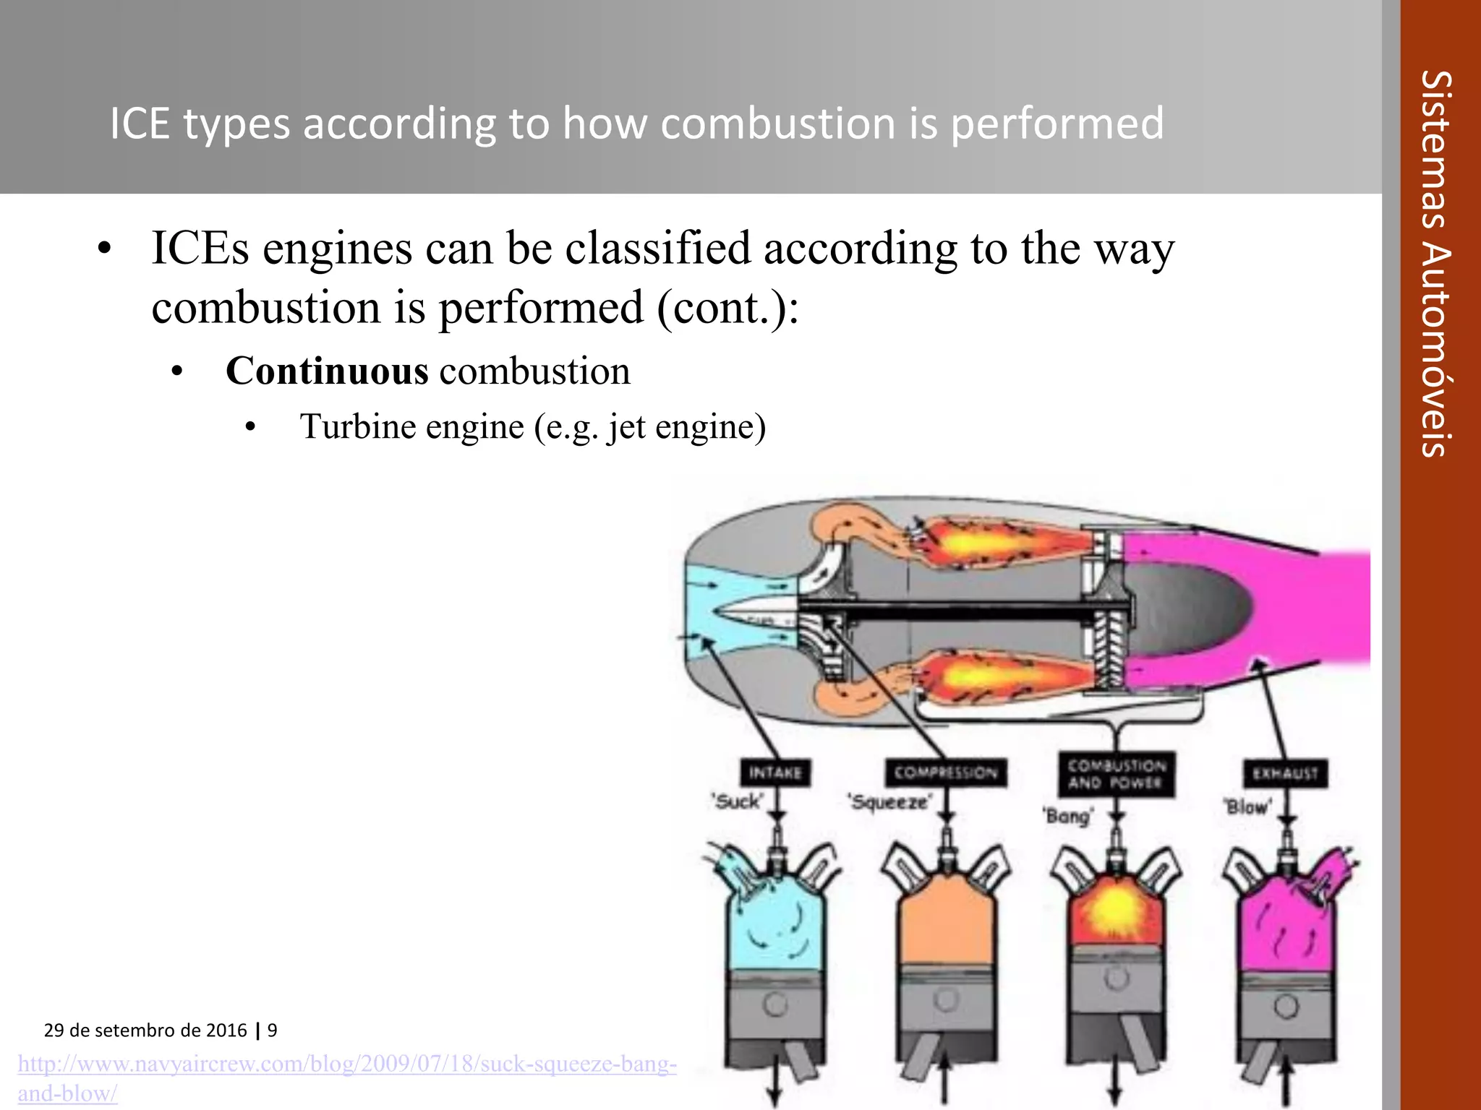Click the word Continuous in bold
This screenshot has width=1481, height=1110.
pyautogui.click(x=327, y=371)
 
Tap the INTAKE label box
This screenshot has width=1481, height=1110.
pyautogui.click(x=774, y=773)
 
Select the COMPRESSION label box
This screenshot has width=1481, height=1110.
pyautogui.click(x=945, y=773)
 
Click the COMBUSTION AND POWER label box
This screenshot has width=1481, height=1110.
pyautogui.click(x=1116, y=774)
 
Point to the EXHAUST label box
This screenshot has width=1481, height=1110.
pyautogui.click(x=1285, y=774)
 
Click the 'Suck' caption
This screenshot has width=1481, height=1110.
pyautogui.click(x=737, y=801)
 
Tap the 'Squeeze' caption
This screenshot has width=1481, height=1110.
pyautogui.click(x=890, y=802)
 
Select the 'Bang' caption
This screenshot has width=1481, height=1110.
pyautogui.click(x=1068, y=817)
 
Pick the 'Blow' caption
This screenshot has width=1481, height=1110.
pyautogui.click(x=1247, y=806)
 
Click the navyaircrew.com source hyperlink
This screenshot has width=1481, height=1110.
pyautogui.click(x=347, y=1064)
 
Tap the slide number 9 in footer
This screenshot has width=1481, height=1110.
pyautogui.click(x=273, y=1031)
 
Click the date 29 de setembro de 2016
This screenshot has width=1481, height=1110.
pyautogui.click(x=145, y=1031)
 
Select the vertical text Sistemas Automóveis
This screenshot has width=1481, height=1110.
pyautogui.click(x=1435, y=264)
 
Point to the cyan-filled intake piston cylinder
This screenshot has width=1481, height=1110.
pyautogui.click(x=774, y=929)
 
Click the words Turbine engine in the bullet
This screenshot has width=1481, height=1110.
pyautogui.click(x=411, y=426)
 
